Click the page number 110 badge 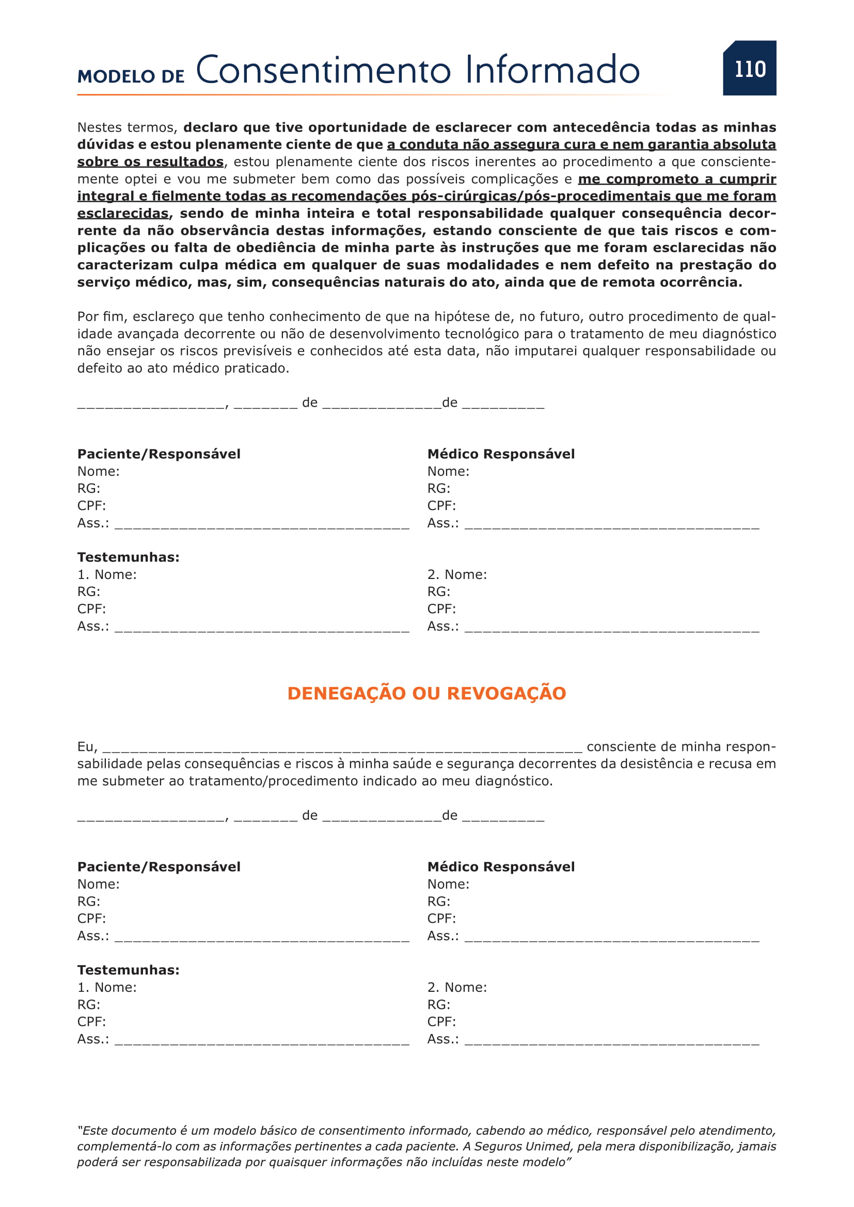point(749,68)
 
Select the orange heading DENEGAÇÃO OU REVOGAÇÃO point(426,693)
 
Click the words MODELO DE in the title point(131,76)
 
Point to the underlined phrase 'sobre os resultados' point(150,162)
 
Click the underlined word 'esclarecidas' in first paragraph point(123,213)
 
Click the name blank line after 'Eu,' point(342,749)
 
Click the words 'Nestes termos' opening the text point(126,127)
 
